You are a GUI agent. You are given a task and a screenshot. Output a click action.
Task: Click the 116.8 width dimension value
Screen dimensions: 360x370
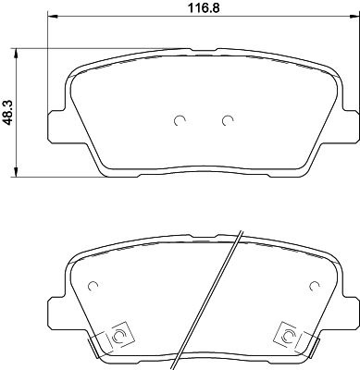(x=204, y=8)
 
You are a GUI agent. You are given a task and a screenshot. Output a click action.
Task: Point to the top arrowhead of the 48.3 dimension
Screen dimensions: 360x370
(x=16, y=53)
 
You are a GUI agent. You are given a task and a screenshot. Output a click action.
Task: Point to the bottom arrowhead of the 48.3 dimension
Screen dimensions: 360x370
(x=16, y=172)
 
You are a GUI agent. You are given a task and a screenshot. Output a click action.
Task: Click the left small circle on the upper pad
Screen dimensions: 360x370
(x=180, y=120)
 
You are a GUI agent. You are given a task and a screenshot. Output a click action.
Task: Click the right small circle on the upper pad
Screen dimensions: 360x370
(x=228, y=120)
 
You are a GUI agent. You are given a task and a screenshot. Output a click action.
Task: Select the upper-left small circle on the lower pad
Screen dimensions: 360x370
(x=93, y=286)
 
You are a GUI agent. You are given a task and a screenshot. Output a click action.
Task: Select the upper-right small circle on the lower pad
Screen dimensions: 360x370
(x=315, y=286)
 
